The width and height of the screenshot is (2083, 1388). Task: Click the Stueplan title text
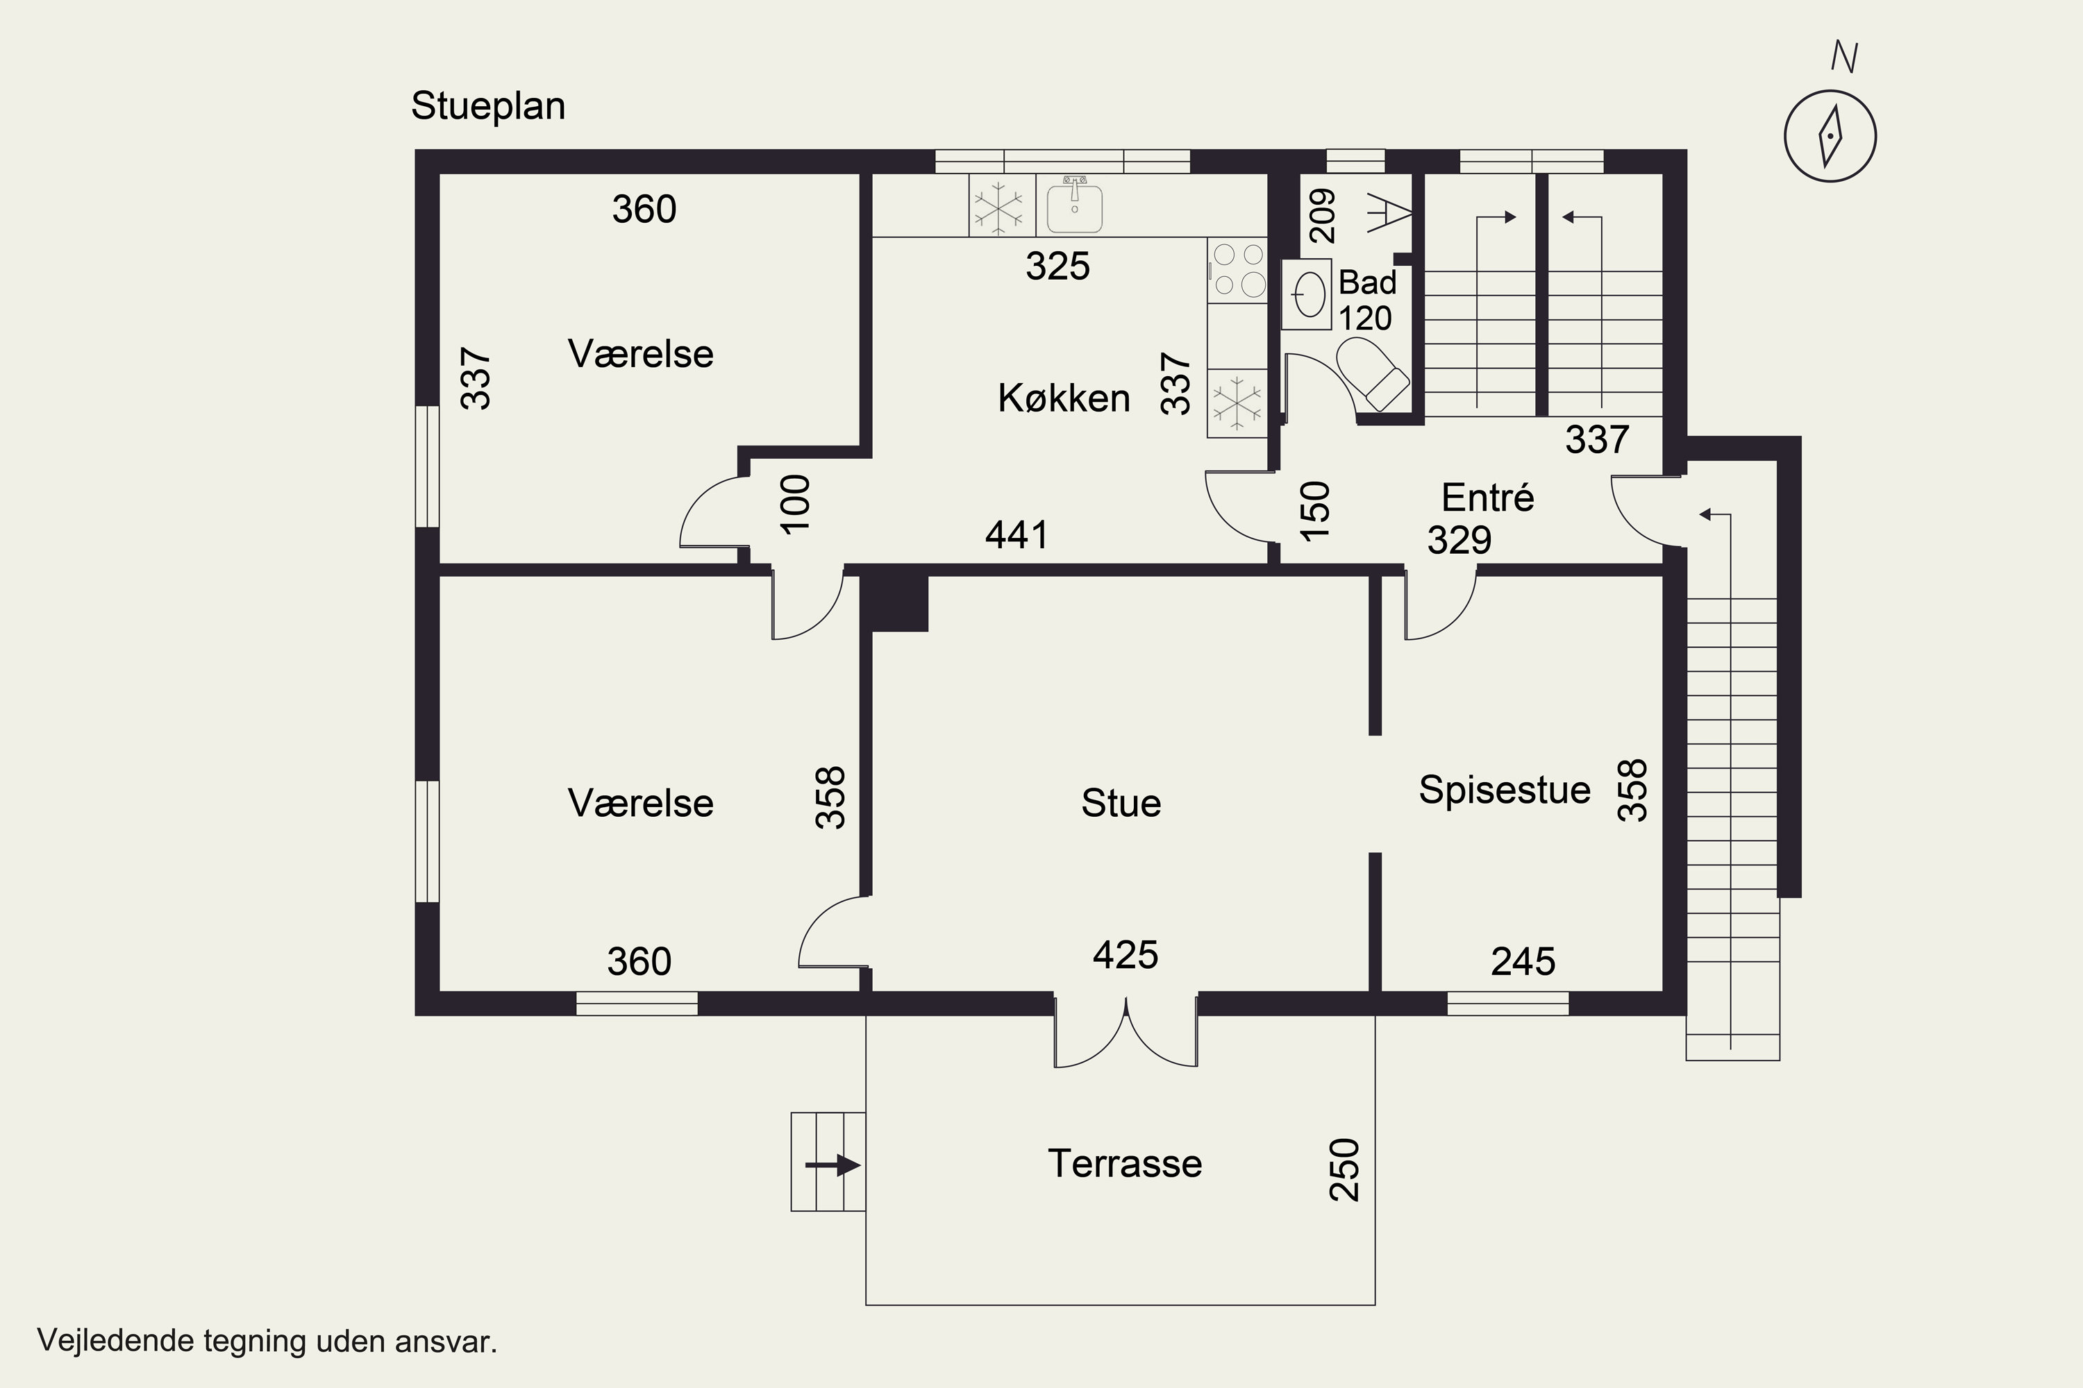488,107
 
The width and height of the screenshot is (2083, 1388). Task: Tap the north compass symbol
1830,136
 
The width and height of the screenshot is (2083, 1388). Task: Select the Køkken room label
1064,398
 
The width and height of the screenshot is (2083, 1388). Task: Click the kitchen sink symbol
1074,205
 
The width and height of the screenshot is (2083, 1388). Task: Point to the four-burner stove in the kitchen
1237,270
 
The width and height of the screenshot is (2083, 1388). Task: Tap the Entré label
1488,498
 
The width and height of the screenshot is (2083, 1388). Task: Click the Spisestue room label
1505,790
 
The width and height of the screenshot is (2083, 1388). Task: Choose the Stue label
1121,804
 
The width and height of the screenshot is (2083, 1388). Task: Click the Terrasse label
1125,1163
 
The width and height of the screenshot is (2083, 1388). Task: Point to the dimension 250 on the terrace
1344,1169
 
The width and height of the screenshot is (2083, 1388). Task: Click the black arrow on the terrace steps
833,1166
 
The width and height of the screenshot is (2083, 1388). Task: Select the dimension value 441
1017,534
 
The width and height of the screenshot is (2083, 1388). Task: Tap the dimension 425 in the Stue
1125,955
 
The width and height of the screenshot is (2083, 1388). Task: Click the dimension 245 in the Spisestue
1523,961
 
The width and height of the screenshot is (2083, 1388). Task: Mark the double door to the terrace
1126,1031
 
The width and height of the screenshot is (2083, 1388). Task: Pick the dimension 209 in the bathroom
1321,216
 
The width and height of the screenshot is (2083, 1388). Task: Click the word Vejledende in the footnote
115,1340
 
